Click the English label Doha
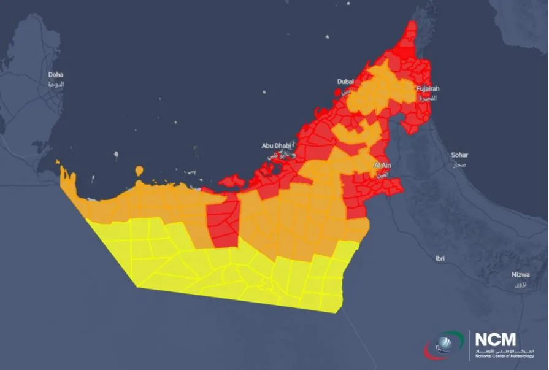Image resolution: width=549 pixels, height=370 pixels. tap(56, 75)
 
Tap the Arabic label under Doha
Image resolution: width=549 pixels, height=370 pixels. tap(56, 83)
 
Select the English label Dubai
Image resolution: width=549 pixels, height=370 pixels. tap(345, 82)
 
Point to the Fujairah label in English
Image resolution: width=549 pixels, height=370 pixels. tap(428, 89)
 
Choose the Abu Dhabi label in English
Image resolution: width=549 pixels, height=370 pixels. tap(275, 146)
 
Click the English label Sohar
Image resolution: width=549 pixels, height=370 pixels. tap(459, 155)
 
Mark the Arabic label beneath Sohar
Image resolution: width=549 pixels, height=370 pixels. tap(459, 165)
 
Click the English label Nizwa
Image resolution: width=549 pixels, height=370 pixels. tap(520, 275)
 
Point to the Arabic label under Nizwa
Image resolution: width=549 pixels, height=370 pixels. tap(520, 285)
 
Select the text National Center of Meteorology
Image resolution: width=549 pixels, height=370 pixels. tap(504, 356)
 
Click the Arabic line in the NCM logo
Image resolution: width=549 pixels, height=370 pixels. tap(504, 350)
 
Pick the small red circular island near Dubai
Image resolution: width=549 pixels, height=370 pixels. tap(337, 93)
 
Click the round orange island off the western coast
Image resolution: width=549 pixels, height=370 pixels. tap(140, 169)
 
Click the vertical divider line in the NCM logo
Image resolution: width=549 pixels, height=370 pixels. tap(470, 345)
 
